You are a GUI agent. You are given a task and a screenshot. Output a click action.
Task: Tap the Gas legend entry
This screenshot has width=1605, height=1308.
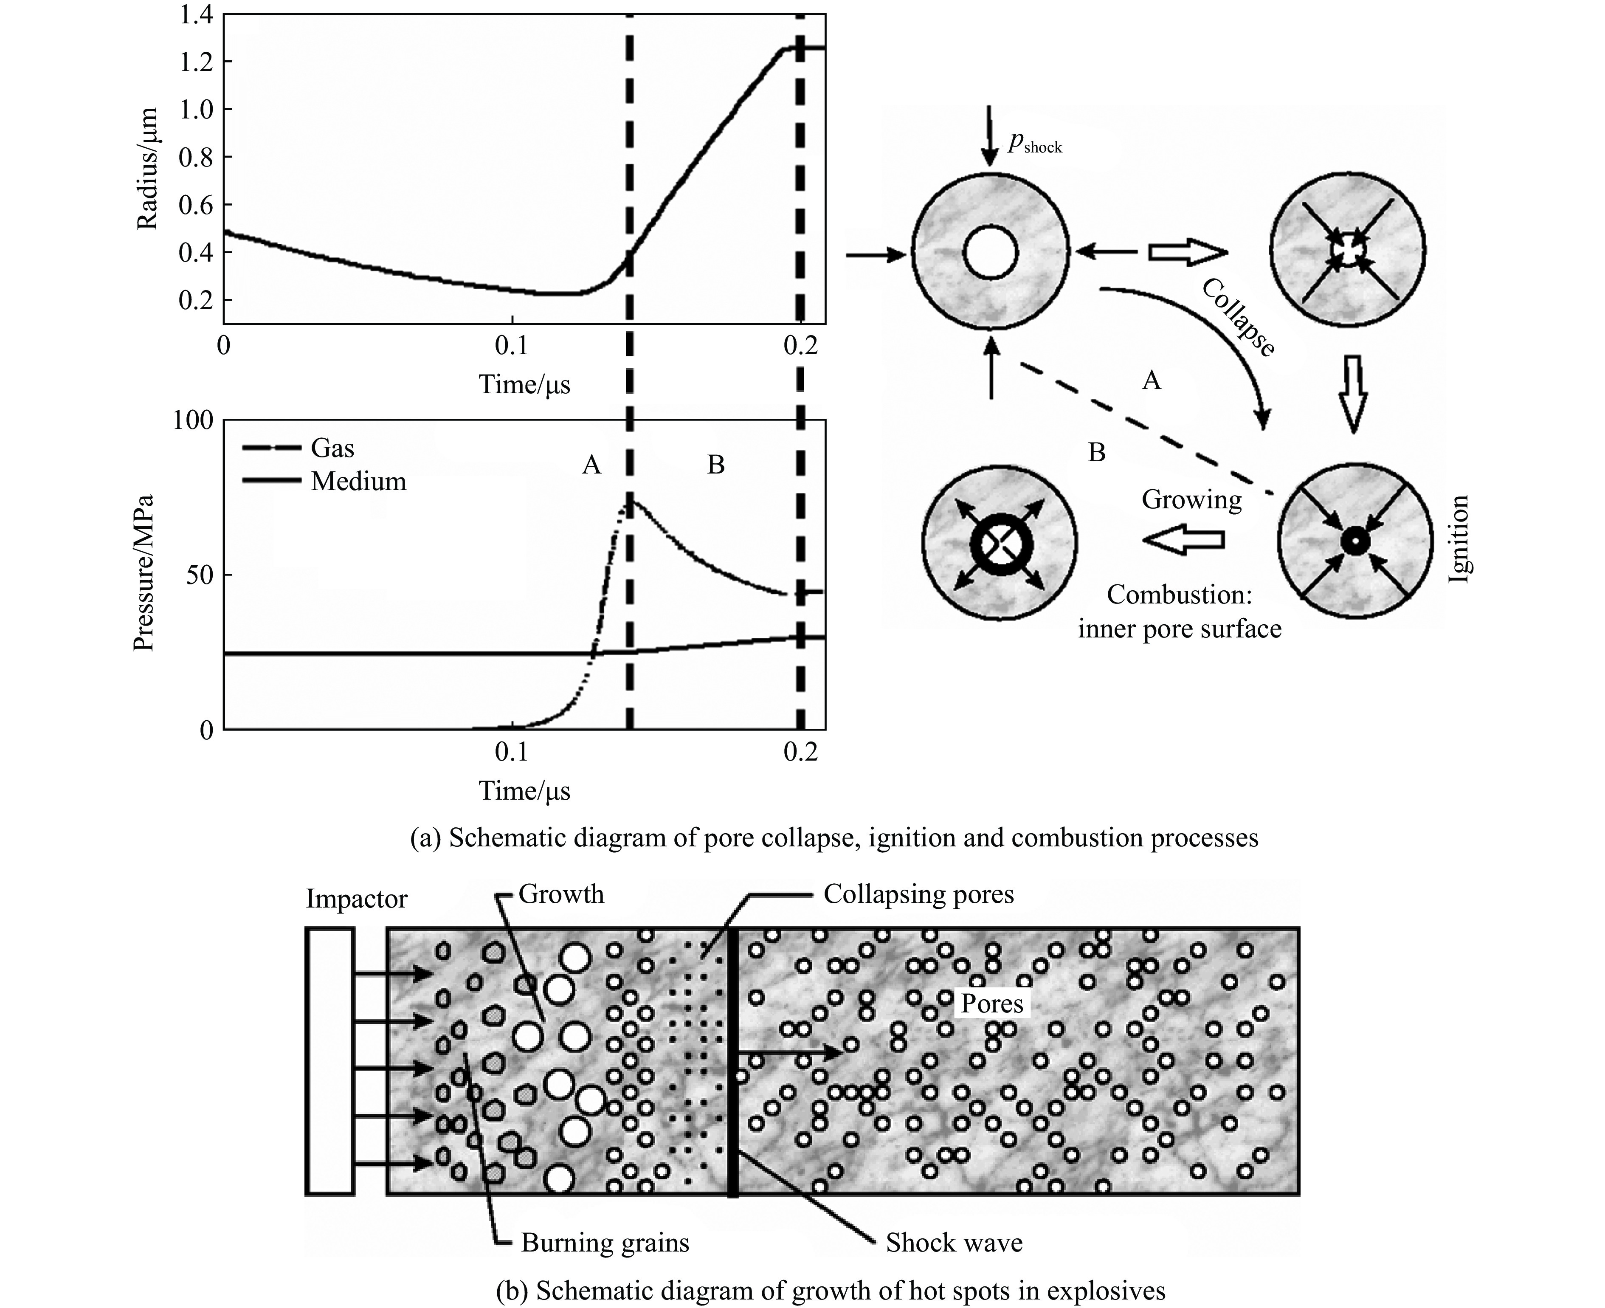(x=331, y=448)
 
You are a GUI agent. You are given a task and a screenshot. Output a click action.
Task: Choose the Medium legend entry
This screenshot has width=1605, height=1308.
(x=358, y=482)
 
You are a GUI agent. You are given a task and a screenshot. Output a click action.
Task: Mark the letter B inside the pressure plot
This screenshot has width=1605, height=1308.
(x=715, y=465)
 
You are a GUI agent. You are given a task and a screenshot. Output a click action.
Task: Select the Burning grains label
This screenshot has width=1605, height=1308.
(x=605, y=1243)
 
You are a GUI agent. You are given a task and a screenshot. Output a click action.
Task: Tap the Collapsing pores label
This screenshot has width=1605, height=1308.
(x=918, y=894)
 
